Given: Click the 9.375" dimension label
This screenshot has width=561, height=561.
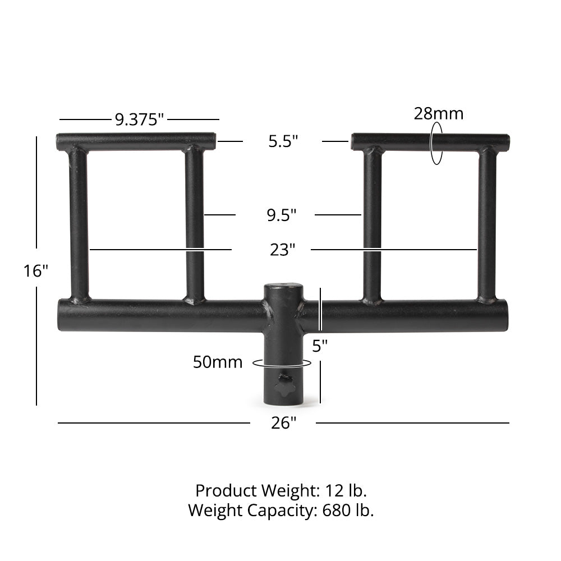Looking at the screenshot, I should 139,119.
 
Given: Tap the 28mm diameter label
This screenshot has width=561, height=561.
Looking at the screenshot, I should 439,113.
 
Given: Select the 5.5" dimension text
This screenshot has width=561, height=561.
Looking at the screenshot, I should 283,141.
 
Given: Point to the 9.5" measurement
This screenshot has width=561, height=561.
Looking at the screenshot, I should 282,215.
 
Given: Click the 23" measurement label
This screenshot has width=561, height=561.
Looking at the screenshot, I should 282,250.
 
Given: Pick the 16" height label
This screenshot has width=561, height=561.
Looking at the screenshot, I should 36,271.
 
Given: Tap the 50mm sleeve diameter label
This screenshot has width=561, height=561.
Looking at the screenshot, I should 218,362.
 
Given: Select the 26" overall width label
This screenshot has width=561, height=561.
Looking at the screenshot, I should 283,423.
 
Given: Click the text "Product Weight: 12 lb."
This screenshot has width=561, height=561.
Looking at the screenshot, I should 281,491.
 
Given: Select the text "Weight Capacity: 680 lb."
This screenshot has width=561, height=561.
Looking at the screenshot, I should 281,511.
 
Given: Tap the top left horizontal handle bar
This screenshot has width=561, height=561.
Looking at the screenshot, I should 136,141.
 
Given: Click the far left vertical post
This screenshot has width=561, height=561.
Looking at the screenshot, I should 79,224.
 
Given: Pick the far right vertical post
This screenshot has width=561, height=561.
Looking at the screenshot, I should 487,224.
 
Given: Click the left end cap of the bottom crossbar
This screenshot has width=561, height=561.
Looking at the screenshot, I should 61,315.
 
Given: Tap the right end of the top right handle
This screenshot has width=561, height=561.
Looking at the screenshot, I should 506,142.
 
